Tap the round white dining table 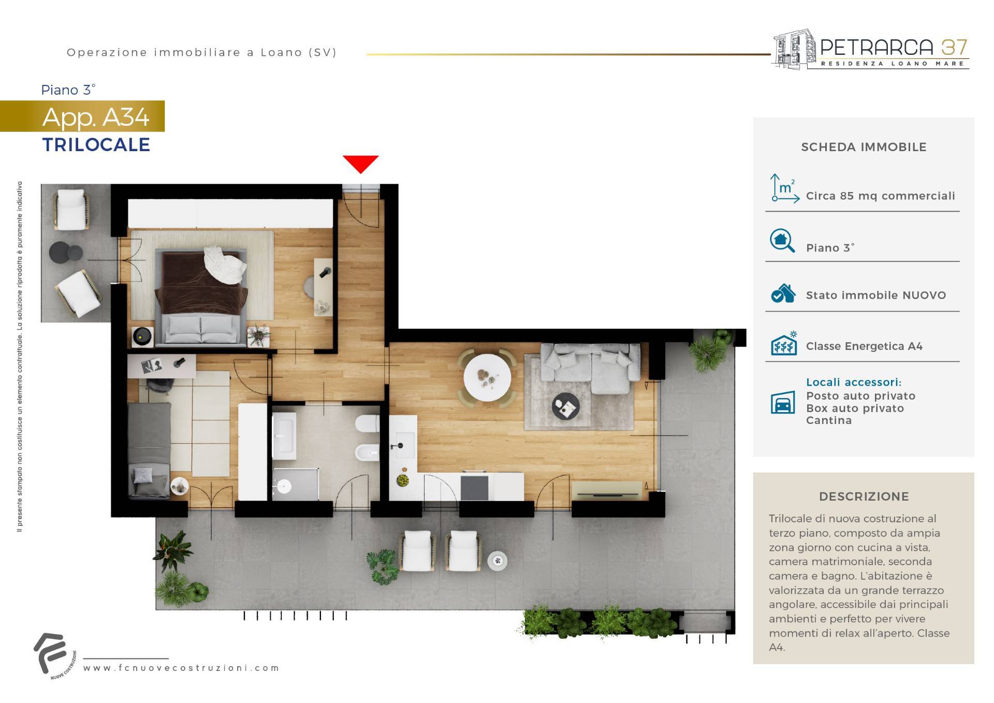pos(487,377)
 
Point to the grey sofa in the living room pos(590,368)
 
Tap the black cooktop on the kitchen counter pos(474,487)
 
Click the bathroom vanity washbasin pos(283,436)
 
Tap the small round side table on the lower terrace pos(498,560)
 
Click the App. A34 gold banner pos(82,116)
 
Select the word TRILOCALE pos(96,145)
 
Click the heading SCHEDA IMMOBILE pos(864,147)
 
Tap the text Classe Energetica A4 pos(864,346)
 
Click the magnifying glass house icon pos(782,241)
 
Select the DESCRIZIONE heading pos(864,496)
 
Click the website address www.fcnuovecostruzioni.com pos(181,668)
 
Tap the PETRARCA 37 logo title pos(894,48)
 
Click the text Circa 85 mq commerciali pos(881,196)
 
